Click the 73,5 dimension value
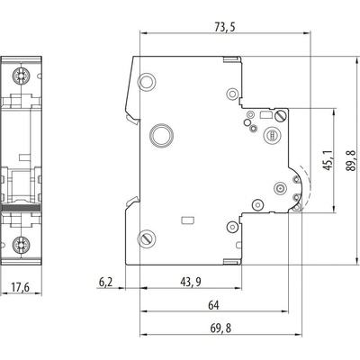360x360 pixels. (225, 27)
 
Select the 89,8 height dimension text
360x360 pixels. (351, 160)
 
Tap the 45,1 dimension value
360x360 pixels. (328, 160)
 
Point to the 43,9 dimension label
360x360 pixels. (191, 282)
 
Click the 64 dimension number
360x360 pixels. (213, 305)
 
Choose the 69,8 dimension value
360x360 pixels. (220, 328)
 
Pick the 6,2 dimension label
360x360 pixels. (105, 282)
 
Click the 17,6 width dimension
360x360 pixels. (21, 287)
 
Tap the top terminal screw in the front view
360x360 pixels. (21, 76)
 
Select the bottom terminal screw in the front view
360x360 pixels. (21, 244)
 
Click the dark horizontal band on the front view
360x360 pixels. (21, 208)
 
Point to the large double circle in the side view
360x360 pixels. (162, 135)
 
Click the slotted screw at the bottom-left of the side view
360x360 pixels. (147, 238)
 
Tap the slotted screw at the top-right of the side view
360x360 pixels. (281, 116)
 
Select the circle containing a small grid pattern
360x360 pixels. (273, 136)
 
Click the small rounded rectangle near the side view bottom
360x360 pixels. (188, 220)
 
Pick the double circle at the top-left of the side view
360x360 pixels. (147, 81)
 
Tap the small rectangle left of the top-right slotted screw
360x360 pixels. (265, 114)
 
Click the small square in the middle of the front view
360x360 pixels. (24, 157)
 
